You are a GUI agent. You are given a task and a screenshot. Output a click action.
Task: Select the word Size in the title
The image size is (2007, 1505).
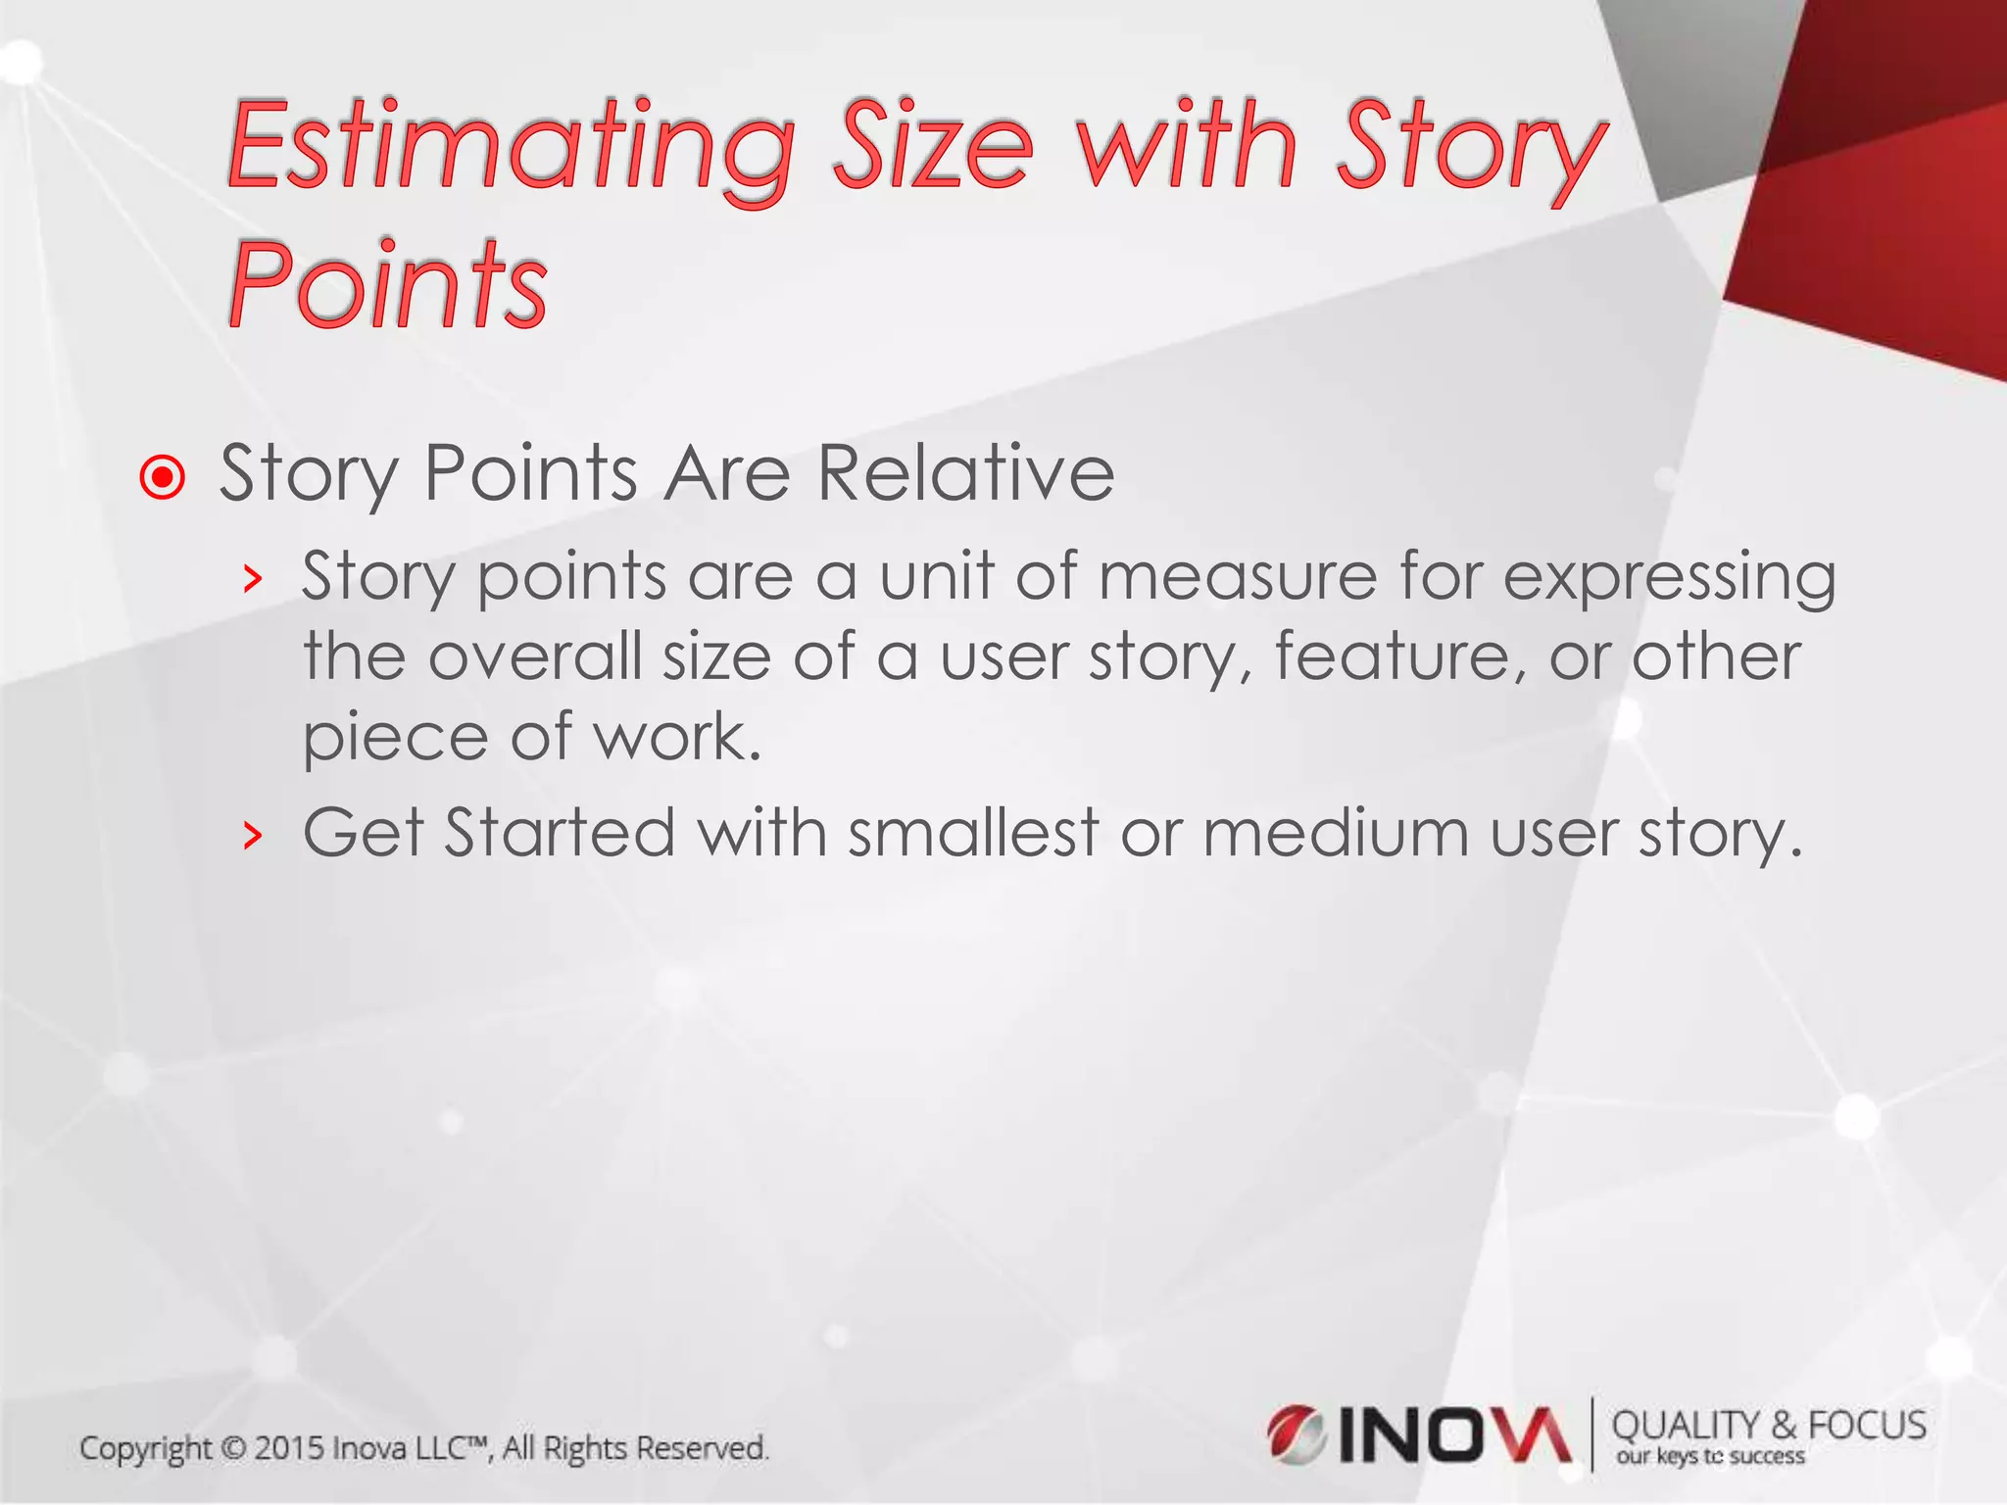[932, 147]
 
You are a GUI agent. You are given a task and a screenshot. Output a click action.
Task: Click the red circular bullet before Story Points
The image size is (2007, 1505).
[163, 477]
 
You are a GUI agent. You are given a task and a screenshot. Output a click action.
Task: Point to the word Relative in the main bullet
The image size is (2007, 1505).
[965, 473]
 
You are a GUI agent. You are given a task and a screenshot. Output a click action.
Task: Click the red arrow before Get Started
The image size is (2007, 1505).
[253, 836]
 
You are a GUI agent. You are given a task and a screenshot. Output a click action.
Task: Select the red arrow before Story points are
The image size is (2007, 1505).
[253, 579]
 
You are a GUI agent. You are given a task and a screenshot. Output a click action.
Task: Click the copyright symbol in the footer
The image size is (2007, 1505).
[233, 1448]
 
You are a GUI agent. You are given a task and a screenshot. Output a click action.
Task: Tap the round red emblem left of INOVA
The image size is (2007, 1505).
[1296, 1434]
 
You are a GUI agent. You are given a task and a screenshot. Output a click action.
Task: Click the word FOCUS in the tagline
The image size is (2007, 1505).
[1867, 1426]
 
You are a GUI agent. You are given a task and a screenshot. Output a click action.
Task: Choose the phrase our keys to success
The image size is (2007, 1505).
[1710, 1457]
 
